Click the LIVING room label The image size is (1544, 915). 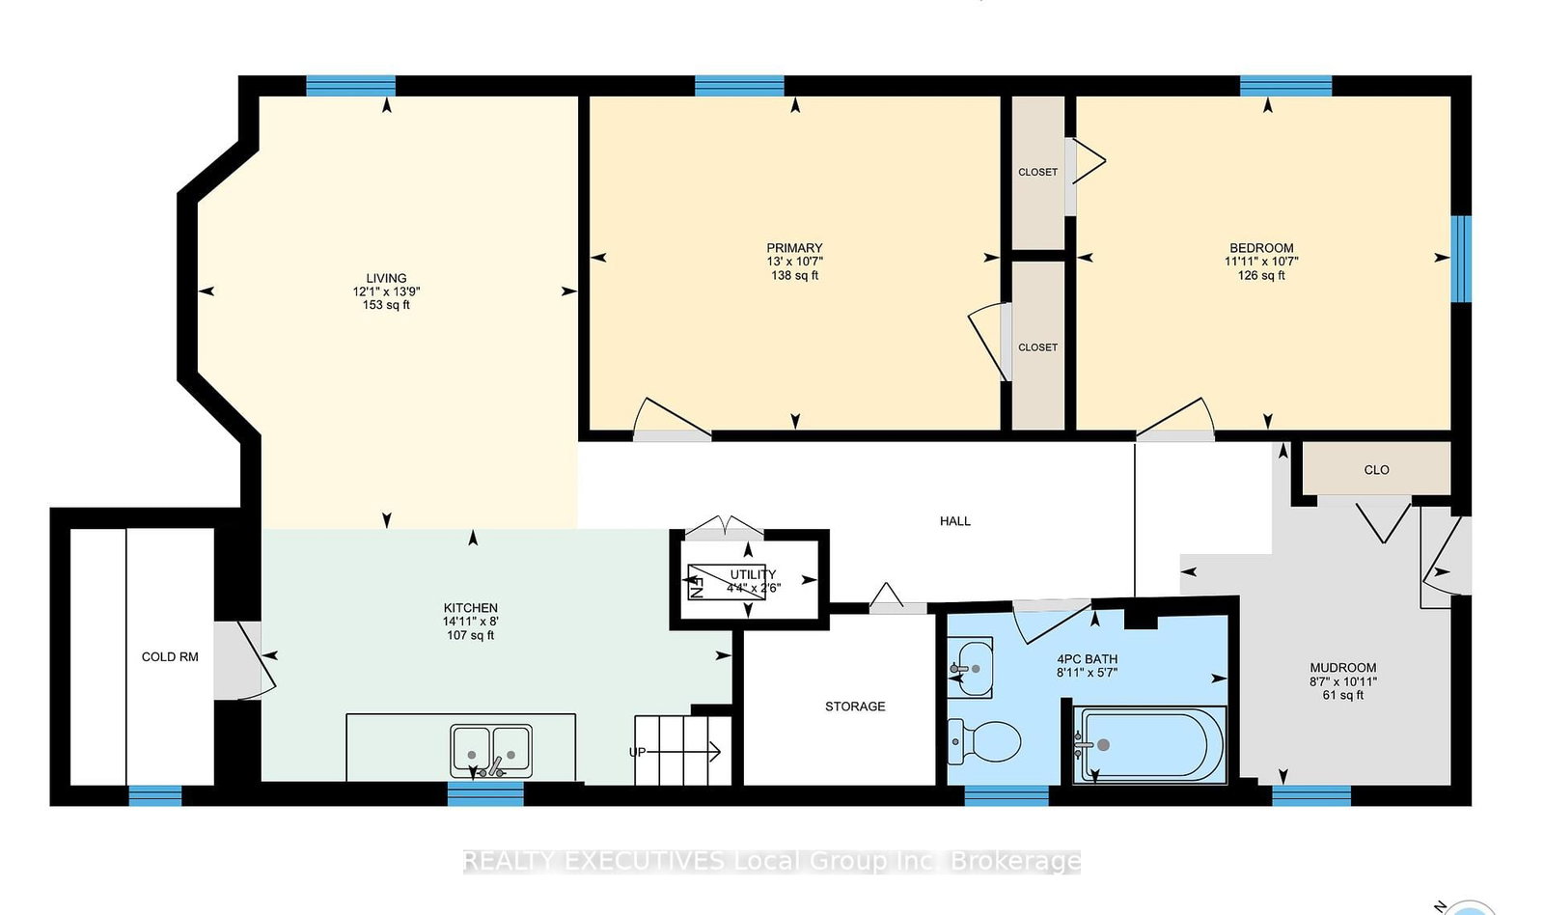pos(386,279)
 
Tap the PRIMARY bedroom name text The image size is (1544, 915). pos(795,248)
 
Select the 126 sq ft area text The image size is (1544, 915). pos(1261,276)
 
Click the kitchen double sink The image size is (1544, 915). pos(491,750)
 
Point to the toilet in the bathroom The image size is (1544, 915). pos(983,742)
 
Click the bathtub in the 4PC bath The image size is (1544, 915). pos(1149,745)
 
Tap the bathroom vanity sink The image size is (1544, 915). pos(970,668)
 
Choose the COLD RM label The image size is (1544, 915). pos(170,657)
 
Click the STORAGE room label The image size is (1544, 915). pos(855,707)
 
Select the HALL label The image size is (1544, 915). pos(954,521)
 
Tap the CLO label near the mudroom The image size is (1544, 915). pos(1376,470)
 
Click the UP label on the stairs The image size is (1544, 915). pos(637,752)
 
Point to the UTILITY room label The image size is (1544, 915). pos(753,574)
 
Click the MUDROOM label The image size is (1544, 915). pos(1343,668)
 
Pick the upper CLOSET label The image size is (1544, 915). pos(1038,173)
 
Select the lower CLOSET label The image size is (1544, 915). pos(1038,347)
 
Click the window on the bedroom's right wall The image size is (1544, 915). pos(1461,260)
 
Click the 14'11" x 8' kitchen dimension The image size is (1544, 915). pos(471,622)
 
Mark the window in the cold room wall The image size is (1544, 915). pos(155,795)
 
